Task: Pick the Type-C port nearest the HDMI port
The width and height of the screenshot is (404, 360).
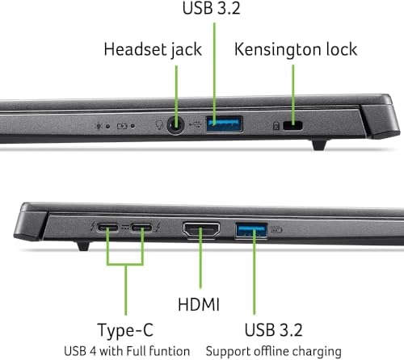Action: point(143,229)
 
